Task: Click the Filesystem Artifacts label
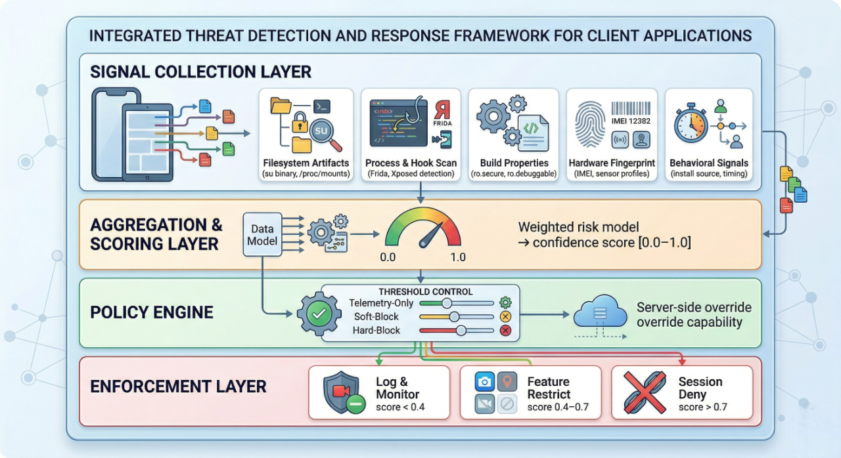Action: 306,163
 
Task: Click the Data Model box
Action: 262,234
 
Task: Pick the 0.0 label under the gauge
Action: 388,257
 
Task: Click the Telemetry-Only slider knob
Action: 447,302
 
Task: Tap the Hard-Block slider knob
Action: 461,330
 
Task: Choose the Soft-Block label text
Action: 377,316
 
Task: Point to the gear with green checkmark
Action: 319,314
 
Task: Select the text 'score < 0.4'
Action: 400,407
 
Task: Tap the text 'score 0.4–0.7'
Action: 558,407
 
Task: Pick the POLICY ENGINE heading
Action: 152,312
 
